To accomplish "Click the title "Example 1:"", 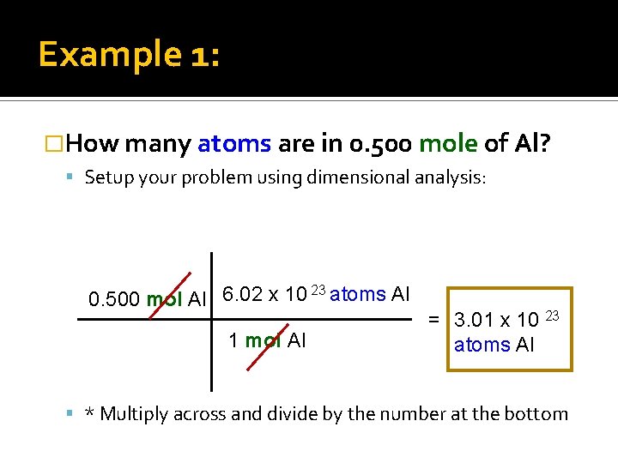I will click(129, 55).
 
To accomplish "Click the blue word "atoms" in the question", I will click(235, 143).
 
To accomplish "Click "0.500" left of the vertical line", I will click(115, 299).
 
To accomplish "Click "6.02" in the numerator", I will click(241, 294).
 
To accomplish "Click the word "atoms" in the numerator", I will click(358, 294).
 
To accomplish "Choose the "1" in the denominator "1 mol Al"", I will click(233, 340).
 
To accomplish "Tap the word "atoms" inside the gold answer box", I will click(482, 345).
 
